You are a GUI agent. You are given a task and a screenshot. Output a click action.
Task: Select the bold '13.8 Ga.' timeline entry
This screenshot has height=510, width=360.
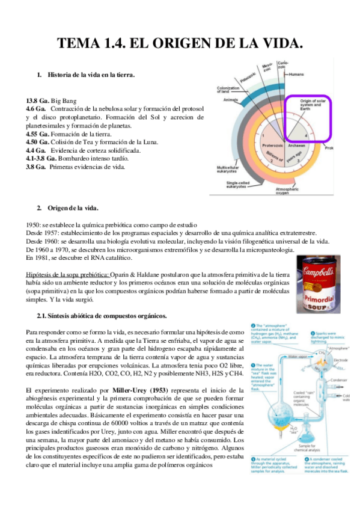(x=37, y=100)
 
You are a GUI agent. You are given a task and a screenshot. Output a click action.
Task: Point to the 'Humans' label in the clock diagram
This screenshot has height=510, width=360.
(x=296, y=75)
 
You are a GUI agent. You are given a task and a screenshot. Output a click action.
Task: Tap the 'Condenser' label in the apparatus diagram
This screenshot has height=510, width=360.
(x=342, y=379)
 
